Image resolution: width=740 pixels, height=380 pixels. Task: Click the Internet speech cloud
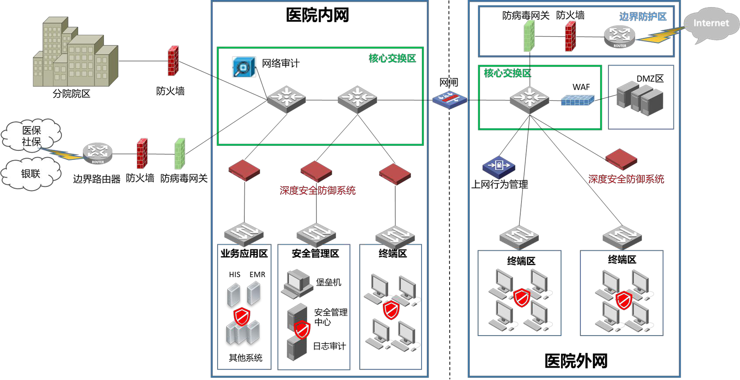pos(711,24)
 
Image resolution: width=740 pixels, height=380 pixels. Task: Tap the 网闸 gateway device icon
pos(449,100)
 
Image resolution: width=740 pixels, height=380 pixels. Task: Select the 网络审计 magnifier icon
pos(243,67)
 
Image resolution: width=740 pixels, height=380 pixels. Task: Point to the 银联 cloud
pos(31,174)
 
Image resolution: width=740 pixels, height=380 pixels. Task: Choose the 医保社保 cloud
pos(32,136)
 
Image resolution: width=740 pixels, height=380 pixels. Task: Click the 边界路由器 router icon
pos(97,153)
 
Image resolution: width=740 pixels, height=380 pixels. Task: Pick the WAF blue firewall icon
pos(577,101)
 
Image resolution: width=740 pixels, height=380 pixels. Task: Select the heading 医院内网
pos(317,15)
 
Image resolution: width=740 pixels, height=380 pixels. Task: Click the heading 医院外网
pos(576,361)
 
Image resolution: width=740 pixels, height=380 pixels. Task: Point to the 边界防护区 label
pos(643,17)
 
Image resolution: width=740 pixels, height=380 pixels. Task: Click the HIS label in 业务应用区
pos(235,275)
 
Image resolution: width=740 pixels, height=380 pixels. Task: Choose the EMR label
pos(257,275)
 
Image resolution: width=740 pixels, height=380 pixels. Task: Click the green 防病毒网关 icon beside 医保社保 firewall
pos(180,154)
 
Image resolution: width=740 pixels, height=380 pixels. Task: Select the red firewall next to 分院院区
pos(173,61)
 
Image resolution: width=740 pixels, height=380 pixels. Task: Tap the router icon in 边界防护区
pos(619,36)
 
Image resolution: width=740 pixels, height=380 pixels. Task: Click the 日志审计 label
pos(329,346)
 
